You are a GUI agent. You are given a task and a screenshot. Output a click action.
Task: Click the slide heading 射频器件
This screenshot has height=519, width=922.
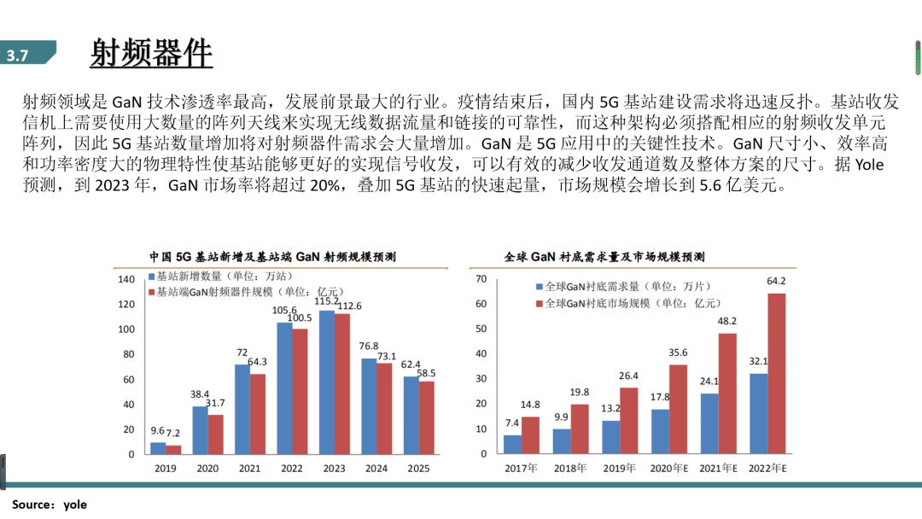click(151, 53)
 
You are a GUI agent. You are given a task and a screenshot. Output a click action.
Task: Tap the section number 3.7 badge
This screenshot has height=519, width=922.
click(19, 55)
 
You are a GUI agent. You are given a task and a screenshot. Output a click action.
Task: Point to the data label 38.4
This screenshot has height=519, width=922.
click(199, 395)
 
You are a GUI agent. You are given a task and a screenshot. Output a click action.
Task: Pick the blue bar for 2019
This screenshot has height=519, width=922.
click(158, 447)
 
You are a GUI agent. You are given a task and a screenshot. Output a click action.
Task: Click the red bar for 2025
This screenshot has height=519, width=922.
click(427, 417)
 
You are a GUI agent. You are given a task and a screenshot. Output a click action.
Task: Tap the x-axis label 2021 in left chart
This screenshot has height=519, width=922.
click(250, 469)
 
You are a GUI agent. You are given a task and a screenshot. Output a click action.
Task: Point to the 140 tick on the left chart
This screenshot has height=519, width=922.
click(126, 279)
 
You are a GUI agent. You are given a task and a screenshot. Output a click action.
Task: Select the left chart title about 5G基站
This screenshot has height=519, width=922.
click(272, 256)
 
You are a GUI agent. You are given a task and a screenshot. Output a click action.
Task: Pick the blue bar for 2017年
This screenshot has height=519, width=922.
click(512, 444)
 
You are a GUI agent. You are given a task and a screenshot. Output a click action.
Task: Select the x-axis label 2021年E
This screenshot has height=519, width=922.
click(718, 469)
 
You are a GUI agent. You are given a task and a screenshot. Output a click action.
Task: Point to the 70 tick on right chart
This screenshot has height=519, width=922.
click(481, 279)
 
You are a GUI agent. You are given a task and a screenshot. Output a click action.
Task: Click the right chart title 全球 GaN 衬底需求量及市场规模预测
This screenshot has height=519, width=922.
click(604, 256)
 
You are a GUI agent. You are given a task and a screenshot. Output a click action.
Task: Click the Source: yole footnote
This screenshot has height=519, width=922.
click(50, 504)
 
